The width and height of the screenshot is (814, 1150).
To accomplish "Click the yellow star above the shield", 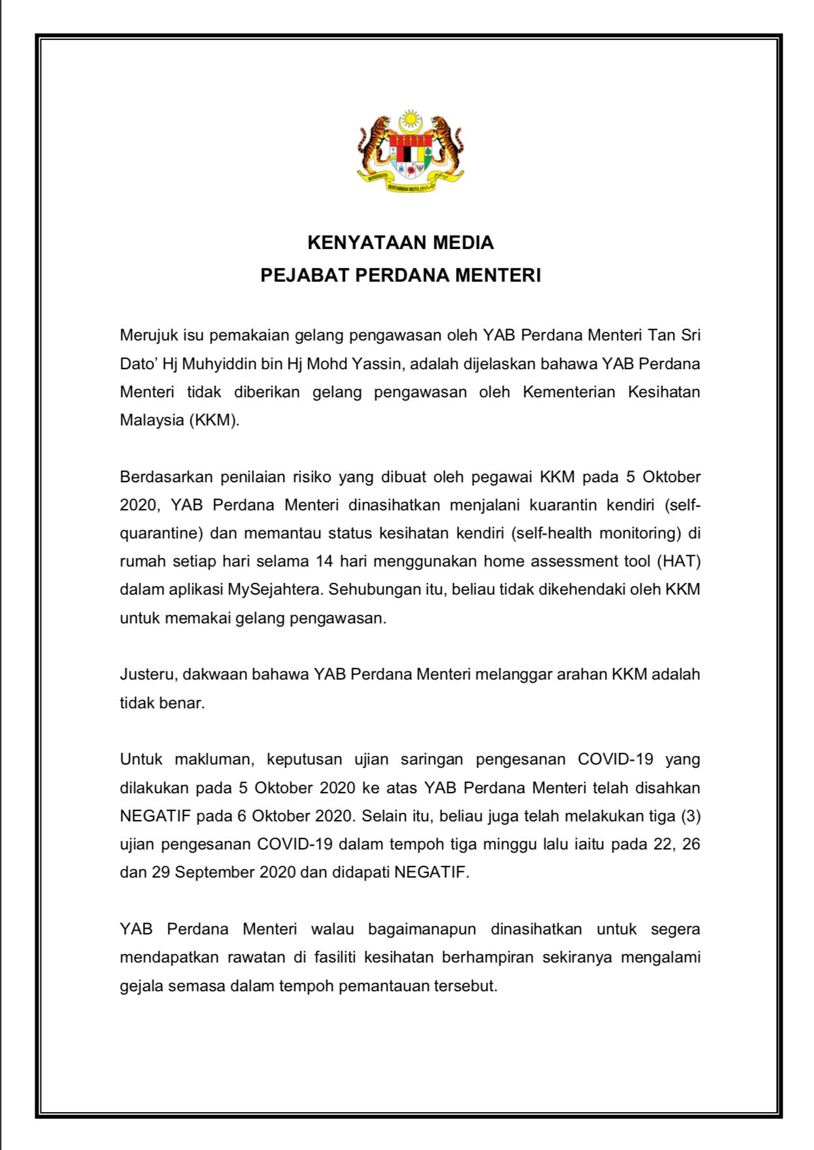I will (410, 120).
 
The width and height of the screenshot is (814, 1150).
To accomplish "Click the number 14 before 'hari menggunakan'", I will (324, 562).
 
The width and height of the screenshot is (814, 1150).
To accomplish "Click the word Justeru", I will (148, 675).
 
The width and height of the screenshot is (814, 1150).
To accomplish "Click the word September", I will (216, 873).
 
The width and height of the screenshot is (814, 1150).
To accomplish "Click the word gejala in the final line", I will (142, 986).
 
